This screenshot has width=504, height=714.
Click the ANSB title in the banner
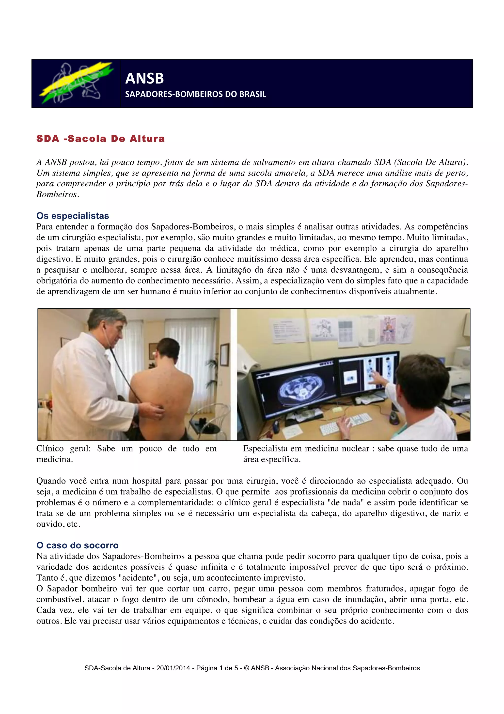tap(144, 78)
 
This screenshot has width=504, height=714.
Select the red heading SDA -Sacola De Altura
tap(101, 139)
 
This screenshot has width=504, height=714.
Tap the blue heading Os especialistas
tap(73, 216)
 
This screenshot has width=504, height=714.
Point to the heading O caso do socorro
tap(77, 545)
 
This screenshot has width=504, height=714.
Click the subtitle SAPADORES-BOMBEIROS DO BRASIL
tap(195, 94)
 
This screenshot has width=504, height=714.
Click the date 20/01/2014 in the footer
tap(173, 668)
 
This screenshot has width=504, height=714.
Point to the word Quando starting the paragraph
tap(51, 481)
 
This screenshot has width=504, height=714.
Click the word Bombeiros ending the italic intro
tap(56, 194)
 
